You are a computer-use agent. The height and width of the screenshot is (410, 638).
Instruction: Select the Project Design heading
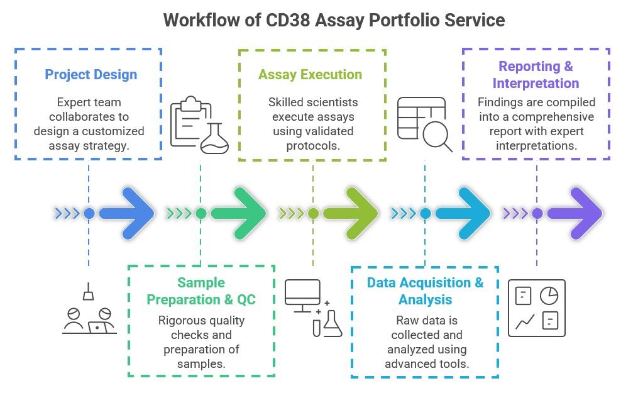tap(91, 75)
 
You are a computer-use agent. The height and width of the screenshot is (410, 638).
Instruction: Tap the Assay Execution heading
tap(310, 75)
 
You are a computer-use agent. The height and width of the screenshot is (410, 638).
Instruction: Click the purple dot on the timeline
tap(537, 213)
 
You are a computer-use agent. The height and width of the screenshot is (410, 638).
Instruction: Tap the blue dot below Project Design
tap(89, 213)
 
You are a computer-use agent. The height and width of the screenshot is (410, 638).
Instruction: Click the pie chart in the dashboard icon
tap(549, 295)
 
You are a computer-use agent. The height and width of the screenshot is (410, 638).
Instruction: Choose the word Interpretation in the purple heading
tap(536, 84)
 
